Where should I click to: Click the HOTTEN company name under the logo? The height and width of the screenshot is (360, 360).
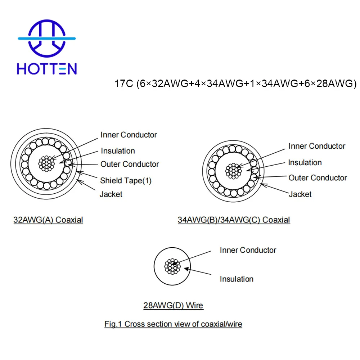pyautogui.click(x=47, y=68)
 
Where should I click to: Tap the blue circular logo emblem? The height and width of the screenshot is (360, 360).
pyautogui.click(x=47, y=37)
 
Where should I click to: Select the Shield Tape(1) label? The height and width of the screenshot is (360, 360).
pyautogui.click(x=126, y=180)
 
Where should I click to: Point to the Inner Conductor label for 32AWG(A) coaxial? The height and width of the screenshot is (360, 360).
pyautogui.click(x=129, y=135)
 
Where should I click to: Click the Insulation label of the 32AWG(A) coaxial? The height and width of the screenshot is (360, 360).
pyautogui.click(x=118, y=151)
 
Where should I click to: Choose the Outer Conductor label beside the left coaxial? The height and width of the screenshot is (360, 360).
pyautogui.click(x=130, y=164)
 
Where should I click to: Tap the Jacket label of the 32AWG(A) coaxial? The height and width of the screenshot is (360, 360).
pyautogui.click(x=111, y=194)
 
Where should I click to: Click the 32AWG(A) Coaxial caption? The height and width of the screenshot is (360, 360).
pyautogui.click(x=48, y=220)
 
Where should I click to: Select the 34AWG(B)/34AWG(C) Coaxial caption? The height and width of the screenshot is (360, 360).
pyautogui.click(x=234, y=220)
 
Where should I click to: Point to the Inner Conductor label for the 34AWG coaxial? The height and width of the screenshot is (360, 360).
pyautogui.click(x=317, y=146)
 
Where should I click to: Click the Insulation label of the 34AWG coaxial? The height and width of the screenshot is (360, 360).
pyautogui.click(x=305, y=163)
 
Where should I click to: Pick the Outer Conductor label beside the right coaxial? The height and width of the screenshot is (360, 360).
pyautogui.click(x=318, y=177)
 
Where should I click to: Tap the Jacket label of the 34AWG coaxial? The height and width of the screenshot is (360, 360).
pyautogui.click(x=300, y=194)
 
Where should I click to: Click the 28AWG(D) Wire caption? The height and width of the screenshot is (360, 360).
pyautogui.click(x=173, y=306)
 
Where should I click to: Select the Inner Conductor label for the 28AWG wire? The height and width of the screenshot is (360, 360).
pyautogui.click(x=248, y=250)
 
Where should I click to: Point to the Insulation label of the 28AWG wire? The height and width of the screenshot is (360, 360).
pyautogui.click(x=237, y=279)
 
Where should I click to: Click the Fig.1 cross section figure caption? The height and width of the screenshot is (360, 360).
pyautogui.click(x=173, y=324)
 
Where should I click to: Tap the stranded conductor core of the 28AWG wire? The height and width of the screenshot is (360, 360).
pyautogui.click(x=172, y=266)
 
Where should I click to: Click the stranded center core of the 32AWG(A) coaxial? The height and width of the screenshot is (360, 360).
pyautogui.click(x=46, y=164)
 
